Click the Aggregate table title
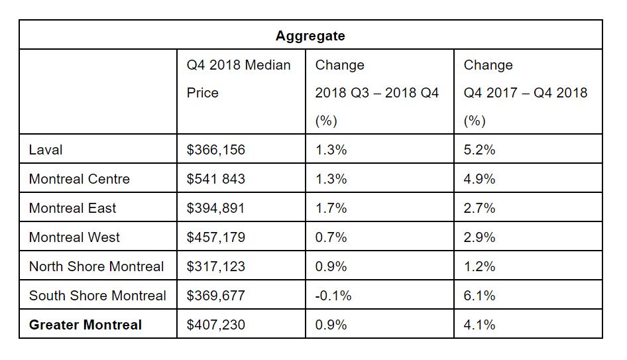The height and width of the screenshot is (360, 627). [310, 36]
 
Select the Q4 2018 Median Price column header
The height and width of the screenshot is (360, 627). [239, 79]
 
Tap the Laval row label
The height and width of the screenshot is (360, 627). [46, 150]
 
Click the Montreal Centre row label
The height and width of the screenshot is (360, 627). [80, 179]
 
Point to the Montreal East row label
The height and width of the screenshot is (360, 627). [72, 208]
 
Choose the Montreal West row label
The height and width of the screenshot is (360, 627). [74, 237]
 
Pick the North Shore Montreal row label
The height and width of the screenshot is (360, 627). [96, 267]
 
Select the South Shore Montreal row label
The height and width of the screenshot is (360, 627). [97, 296]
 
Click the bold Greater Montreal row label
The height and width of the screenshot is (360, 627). [85, 325]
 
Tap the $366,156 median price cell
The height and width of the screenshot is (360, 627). [216, 150]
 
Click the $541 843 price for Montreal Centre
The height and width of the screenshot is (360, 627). [216, 179]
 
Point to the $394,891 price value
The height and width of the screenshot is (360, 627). [216, 208]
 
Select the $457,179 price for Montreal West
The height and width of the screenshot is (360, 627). [216, 237]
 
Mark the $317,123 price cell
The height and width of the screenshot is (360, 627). [216, 267]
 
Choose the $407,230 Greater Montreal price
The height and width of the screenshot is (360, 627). [216, 325]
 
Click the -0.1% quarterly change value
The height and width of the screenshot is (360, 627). [333, 296]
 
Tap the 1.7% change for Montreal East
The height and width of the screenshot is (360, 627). [331, 208]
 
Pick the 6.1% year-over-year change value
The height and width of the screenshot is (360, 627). [479, 296]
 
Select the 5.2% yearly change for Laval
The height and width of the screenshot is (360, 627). [479, 150]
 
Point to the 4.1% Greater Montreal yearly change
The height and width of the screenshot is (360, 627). [479, 325]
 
